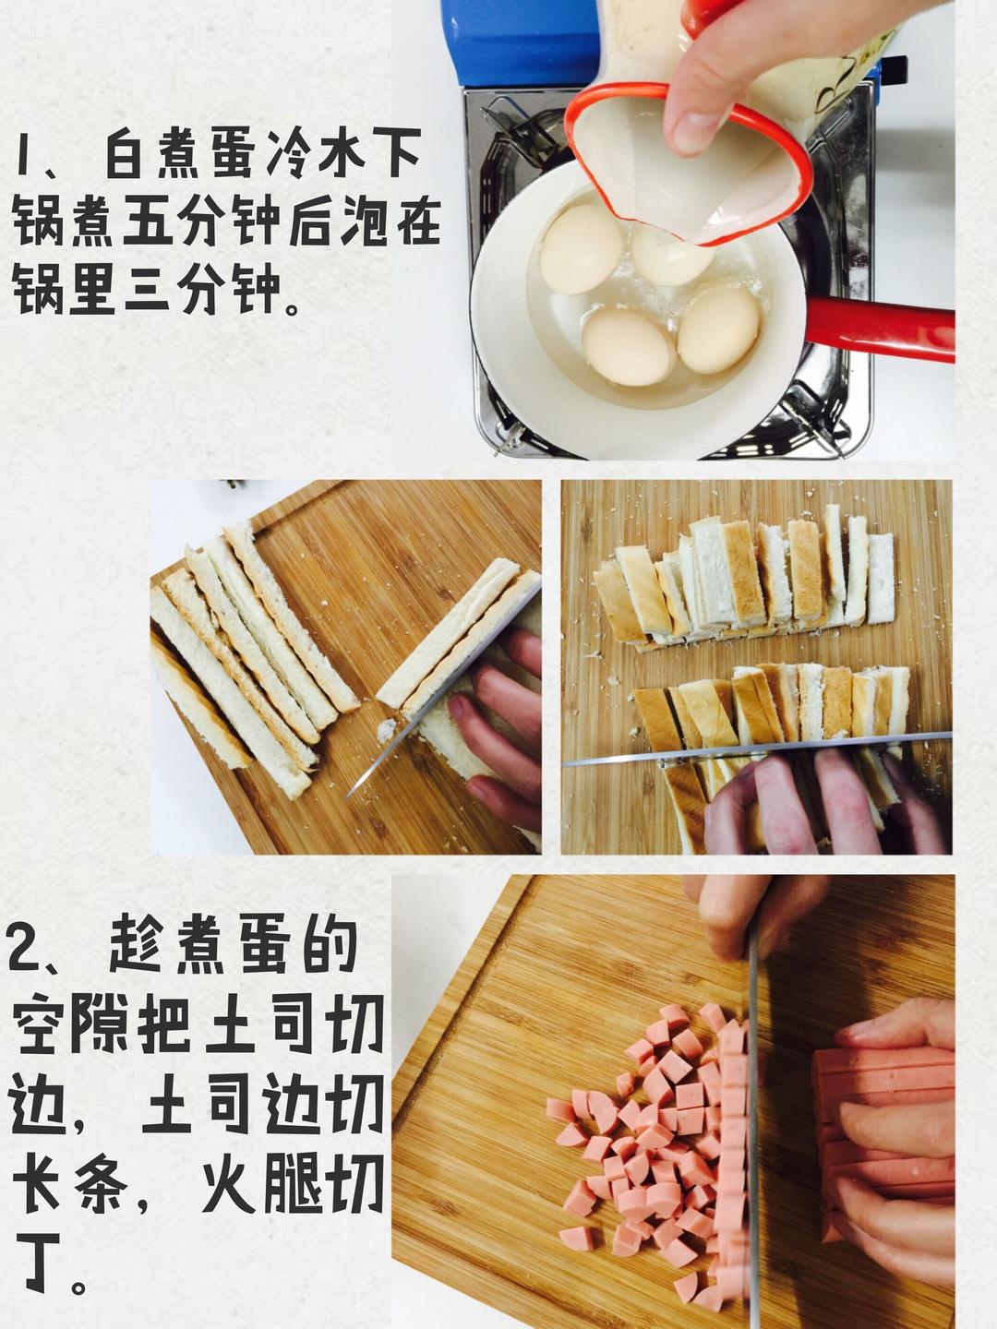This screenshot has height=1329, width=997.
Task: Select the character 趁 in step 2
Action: tap(138, 947)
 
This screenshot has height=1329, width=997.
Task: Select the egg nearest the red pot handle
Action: tap(717, 329)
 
